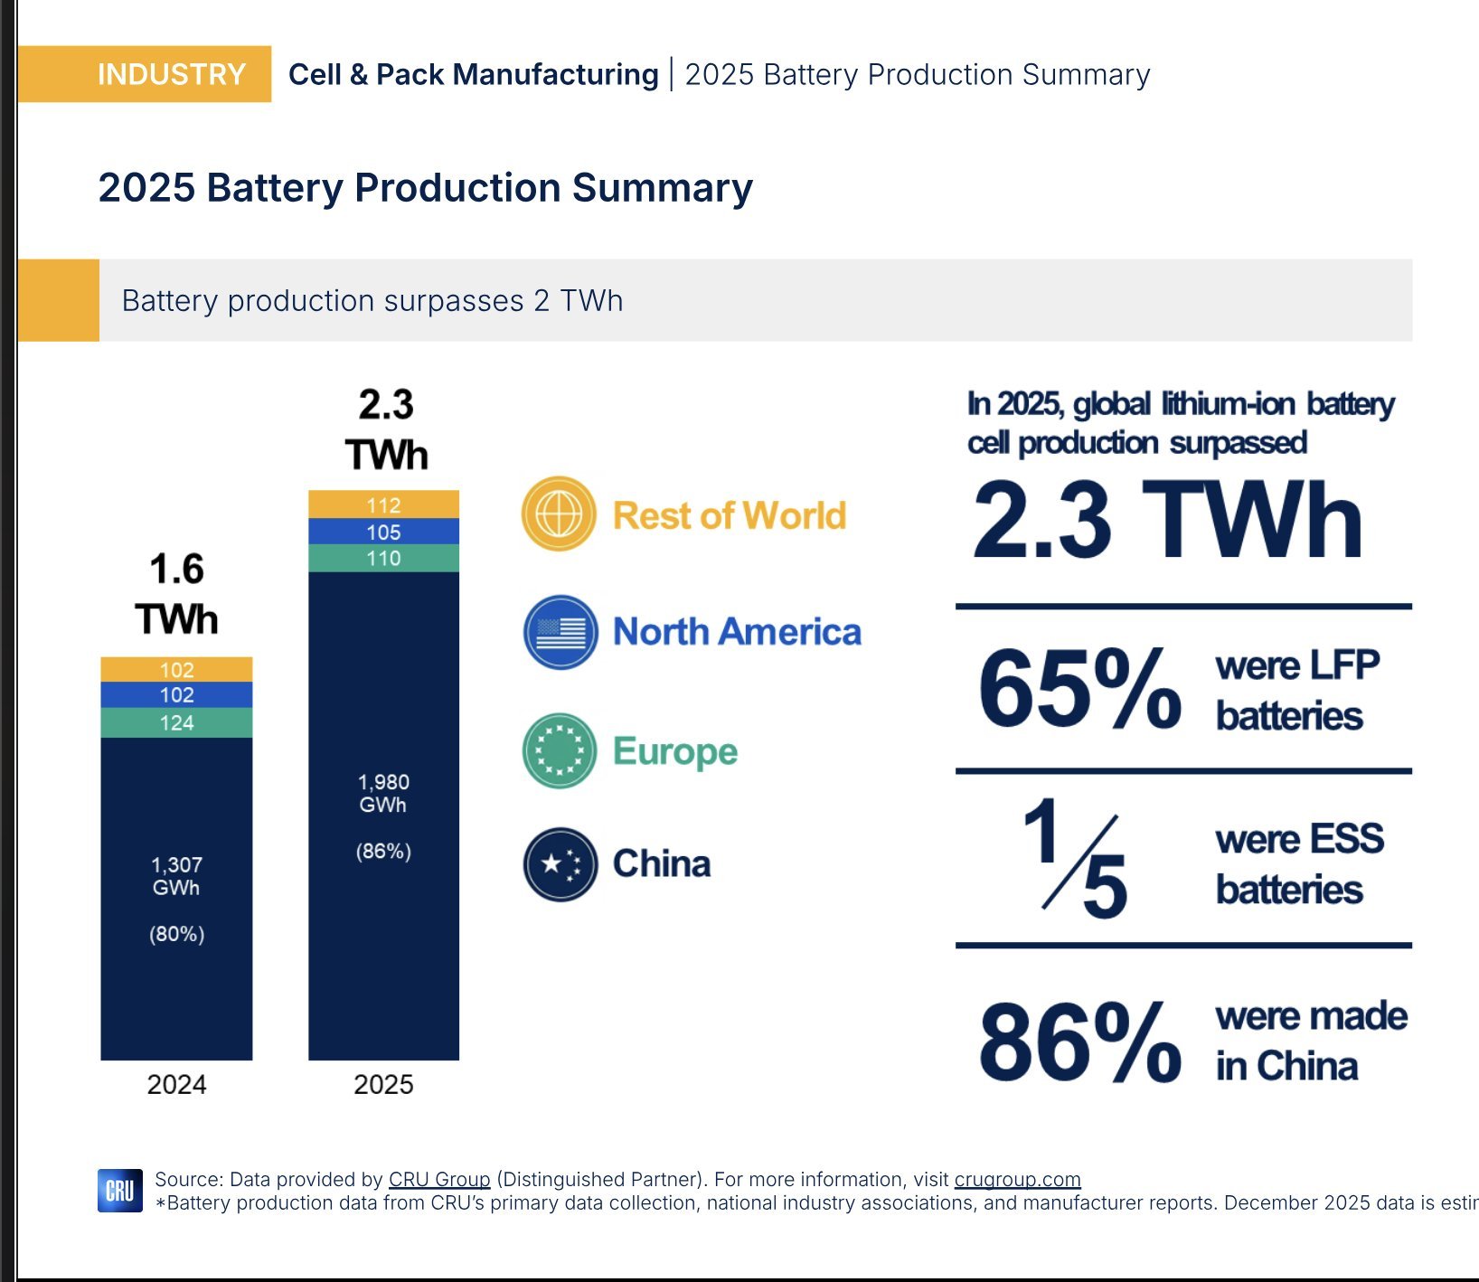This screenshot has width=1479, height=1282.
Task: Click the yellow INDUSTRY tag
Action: [145, 74]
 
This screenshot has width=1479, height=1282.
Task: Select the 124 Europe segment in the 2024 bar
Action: [176, 722]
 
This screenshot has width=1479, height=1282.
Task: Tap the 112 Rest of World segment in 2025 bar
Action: [383, 504]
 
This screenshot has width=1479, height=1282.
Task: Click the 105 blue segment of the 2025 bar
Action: [383, 532]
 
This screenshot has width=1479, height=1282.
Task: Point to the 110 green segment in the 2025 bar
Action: [383, 558]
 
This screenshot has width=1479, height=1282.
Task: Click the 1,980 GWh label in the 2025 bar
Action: [383, 793]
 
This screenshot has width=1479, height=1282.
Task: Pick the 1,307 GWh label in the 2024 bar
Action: [176, 875]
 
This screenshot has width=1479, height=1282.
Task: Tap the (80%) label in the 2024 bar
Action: [176, 934]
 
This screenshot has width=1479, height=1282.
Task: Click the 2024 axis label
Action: [176, 1084]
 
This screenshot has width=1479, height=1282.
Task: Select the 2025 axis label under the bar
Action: [383, 1084]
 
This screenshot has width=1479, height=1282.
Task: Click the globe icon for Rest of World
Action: [559, 514]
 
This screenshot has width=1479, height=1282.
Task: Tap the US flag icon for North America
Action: [561, 632]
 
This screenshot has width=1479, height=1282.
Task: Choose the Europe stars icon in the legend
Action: [560, 750]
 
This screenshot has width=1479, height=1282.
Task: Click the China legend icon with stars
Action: [561, 864]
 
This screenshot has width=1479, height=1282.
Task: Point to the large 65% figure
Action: [1079, 689]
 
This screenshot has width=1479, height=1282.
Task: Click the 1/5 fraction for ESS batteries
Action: [1076, 857]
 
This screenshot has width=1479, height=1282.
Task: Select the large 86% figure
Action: [1079, 1042]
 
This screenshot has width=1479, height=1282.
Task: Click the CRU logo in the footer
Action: [120, 1191]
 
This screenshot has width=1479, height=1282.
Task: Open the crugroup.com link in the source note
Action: [1017, 1179]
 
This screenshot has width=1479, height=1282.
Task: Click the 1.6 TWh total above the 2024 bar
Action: [176, 594]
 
